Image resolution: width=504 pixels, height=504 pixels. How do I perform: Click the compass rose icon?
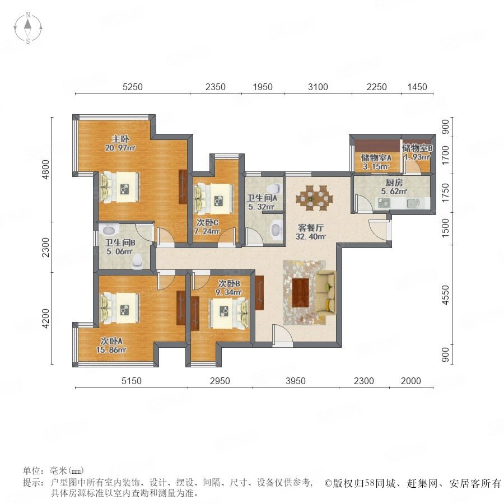pyautogui.click(x=29, y=28)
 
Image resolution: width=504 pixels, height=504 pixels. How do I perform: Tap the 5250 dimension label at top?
pyautogui.click(x=132, y=87)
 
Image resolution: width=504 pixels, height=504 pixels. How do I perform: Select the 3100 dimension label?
pyautogui.click(x=318, y=87)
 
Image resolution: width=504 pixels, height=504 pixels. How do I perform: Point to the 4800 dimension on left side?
pyautogui.click(x=46, y=169)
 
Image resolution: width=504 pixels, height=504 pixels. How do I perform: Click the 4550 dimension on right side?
pyautogui.click(x=445, y=295)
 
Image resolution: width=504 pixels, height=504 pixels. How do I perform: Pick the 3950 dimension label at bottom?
pyautogui.click(x=295, y=381)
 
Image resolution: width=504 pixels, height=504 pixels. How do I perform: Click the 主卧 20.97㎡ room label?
pyautogui.click(x=120, y=143)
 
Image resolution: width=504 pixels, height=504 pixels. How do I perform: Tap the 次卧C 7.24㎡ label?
pyautogui.click(x=207, y=227)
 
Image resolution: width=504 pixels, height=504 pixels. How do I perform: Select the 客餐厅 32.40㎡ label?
pyautogui.click(x=310, y=232)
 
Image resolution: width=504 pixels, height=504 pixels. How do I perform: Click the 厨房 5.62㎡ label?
pyautogui.click(x=394, y=186)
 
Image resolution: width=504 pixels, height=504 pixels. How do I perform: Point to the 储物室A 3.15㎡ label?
pyautogui.click(x=376, y=162)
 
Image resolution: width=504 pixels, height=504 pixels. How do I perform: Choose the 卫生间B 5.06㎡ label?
pyautogui.click(x=120, y=247)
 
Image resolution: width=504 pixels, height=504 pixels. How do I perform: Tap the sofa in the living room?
pyautogui.click(x=326, y=292)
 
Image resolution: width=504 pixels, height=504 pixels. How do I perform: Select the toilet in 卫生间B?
pyautogui.click(x=138, y=261)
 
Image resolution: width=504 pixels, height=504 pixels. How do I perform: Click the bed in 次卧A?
pyautogui.click(x=120, y=307)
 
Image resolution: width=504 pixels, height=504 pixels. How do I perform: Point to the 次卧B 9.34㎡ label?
pyautogui.click(x=230, y=288)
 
